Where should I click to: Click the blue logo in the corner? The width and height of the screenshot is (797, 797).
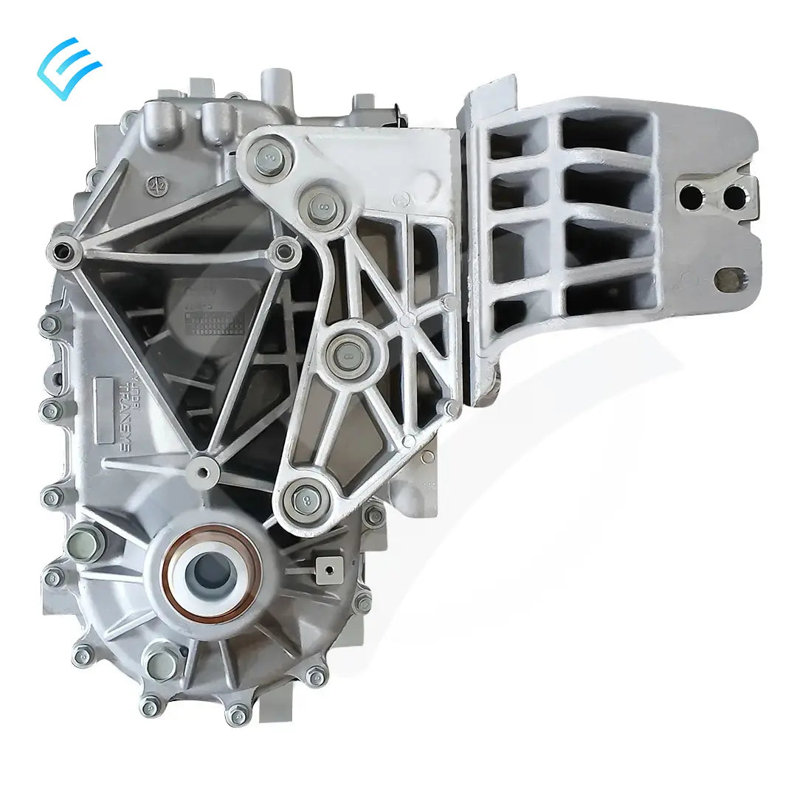point(69,63)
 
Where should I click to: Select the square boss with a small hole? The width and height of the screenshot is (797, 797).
point(325,567)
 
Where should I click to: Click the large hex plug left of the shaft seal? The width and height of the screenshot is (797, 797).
point(85,544)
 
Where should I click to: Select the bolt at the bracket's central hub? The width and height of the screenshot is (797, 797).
point(345,354)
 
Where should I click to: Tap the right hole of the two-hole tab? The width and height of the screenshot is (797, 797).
point(733,196)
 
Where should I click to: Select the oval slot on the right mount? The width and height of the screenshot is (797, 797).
point(731,279)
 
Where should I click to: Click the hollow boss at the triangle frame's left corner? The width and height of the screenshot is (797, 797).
point(64,251)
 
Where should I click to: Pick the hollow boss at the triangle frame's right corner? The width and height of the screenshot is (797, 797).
point(284,253)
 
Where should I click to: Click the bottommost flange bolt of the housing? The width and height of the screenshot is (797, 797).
point(237,714)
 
